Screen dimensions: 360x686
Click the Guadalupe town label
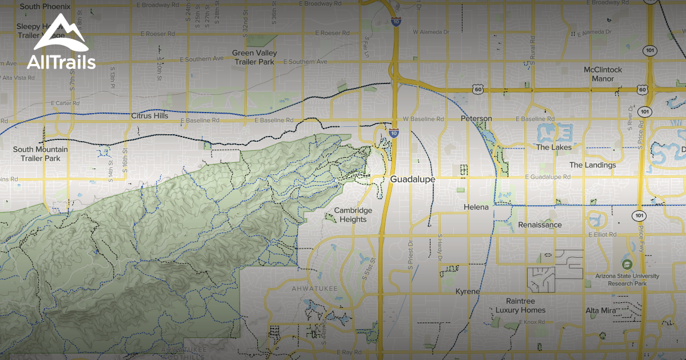tap(412, 179)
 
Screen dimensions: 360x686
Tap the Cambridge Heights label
tap(353, 215)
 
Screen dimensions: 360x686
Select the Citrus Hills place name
tap(150, 116)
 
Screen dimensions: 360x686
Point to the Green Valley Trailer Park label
tap(254, 57)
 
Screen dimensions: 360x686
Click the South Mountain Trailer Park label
tap(40, 154)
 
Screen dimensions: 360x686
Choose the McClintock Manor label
tap(603, 74)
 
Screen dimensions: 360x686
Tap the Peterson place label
tap(476, 119)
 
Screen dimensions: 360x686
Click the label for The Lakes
tap(553, 147)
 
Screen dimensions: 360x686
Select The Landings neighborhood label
tap(592, 165)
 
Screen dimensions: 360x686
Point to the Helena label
tap(476, 207)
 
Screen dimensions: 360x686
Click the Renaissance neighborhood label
tap(540, 225)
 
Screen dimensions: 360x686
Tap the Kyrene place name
tap(468, 292)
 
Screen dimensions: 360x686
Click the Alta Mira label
tap(600, 311)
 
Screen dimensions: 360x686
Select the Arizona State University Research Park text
tap(627, 279)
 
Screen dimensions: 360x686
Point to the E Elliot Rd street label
tap(602, 235)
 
